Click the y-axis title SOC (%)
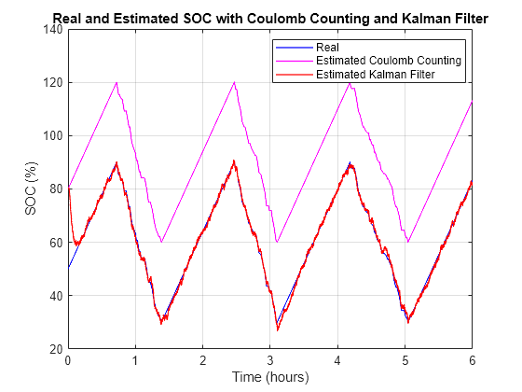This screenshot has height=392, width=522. click(30, 189)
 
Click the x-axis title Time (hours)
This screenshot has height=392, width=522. click(269, 377)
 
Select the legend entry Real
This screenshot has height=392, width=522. click(327, 48)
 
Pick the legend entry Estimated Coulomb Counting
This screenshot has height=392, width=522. click(390, 61)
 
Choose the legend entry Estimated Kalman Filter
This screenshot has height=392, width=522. click(377, 74)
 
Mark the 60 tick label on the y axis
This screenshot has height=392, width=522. click(55, 243)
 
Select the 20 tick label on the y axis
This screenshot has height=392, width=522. click(55, 349)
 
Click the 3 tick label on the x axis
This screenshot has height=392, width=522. click(269, 360)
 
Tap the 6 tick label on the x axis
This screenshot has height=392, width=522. click(472, 360)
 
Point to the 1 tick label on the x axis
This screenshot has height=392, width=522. click(135, 360)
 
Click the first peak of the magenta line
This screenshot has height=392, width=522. click(117, 82)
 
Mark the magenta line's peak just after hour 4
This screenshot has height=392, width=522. click(350, 83)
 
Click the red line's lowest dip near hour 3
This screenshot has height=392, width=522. click(277, 329)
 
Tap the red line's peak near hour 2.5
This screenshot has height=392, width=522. click(234, 161)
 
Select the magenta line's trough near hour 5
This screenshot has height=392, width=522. click(407, 242)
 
